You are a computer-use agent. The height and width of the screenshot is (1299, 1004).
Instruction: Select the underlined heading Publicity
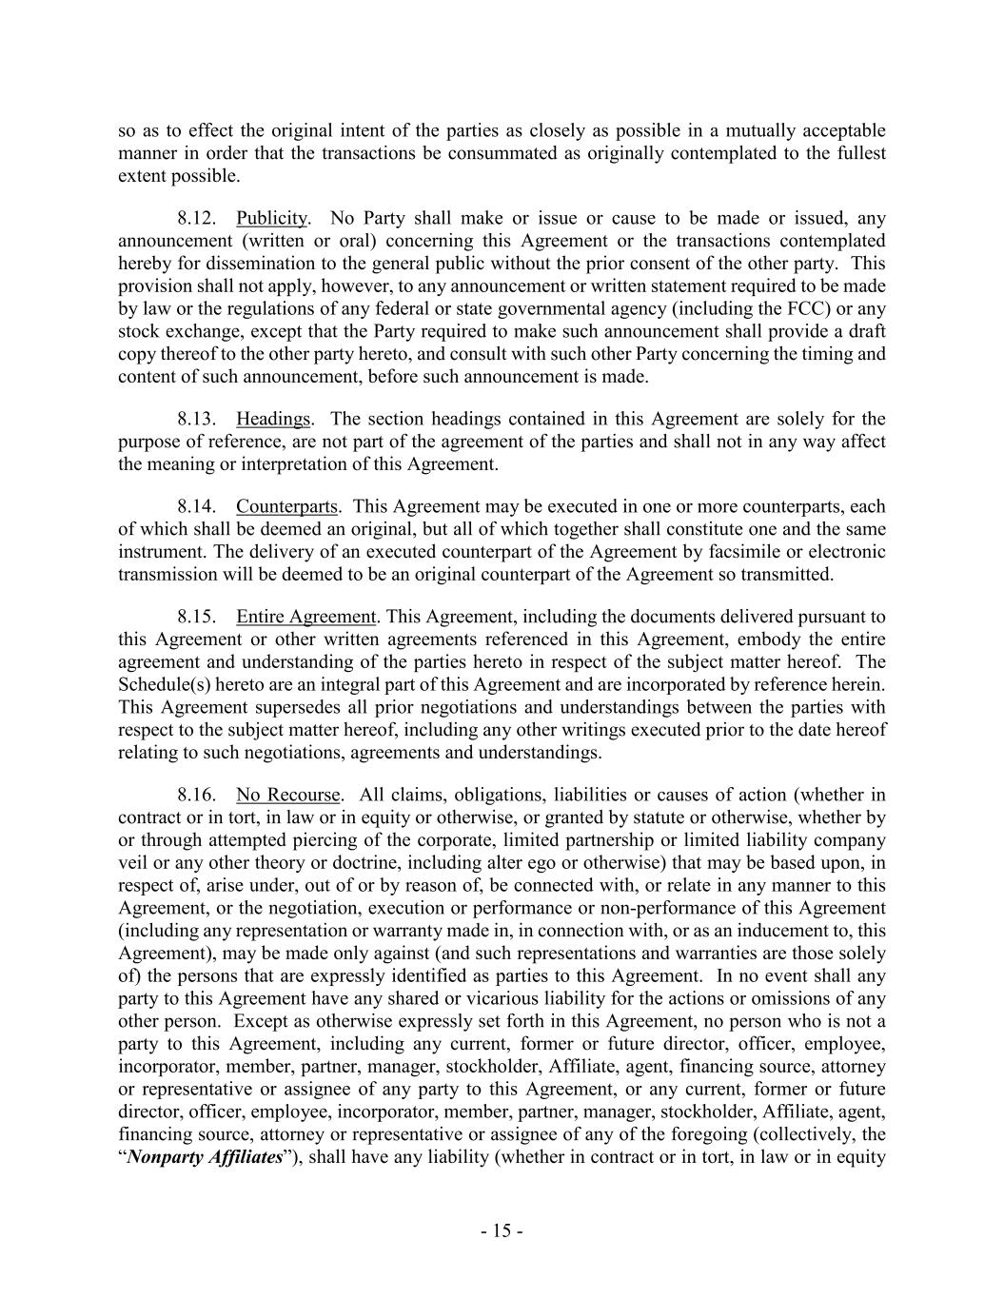click(x=271, y=219)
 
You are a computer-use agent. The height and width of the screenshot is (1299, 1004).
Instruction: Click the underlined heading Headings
click(x=273, y=420)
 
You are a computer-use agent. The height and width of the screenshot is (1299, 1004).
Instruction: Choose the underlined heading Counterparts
click(x=287, y=507)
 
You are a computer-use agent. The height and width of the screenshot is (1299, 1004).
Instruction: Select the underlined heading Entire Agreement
click(x=306, y=618)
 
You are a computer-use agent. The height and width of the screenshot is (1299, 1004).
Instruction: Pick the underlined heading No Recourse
click(x=287, y=796)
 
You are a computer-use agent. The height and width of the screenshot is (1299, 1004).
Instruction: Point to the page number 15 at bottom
click(x=502, y=1231)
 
